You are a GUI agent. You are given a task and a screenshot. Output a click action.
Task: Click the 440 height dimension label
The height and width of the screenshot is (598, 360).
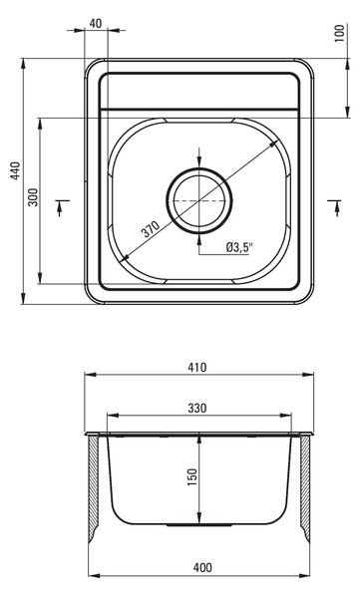pyautogui.click(x=15, y=170)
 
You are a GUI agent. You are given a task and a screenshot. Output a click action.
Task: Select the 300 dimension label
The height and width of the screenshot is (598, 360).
pyautogui.click(x=34, y=197)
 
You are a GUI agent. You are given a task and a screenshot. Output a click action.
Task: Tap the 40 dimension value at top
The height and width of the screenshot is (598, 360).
pyautogui.click(x=96, y=24)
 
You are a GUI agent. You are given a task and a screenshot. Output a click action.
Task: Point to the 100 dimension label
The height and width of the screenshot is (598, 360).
pyautogui.click(x=339, y=33)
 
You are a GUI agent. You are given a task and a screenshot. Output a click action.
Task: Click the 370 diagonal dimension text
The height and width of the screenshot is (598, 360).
pyautogui.click(x=151, y=229)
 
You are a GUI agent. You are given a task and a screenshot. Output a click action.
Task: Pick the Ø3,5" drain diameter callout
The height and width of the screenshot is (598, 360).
pyautogui.click(x=239, y=248)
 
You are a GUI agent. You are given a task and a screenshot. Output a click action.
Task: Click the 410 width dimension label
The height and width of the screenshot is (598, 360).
pyautogui.click(x=197, y=367)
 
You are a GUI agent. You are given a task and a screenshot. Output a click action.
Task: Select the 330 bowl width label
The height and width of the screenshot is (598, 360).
pyautogui.click(x=197, y=408)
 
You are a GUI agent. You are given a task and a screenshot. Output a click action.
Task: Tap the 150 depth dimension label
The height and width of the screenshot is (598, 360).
pyautogui.click(x=192, y=476)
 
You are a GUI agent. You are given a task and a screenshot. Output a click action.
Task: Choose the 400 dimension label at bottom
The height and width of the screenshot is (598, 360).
pyautogui.click(x=202, y=568)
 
